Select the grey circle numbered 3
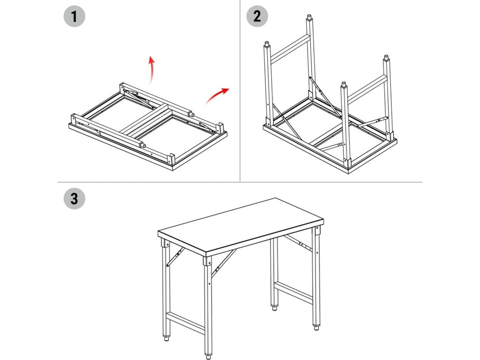74,198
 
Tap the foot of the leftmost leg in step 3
167,337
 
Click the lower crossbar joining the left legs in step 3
186,323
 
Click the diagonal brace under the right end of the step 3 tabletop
298,243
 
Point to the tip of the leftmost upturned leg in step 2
267,45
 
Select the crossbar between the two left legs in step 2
289,49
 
